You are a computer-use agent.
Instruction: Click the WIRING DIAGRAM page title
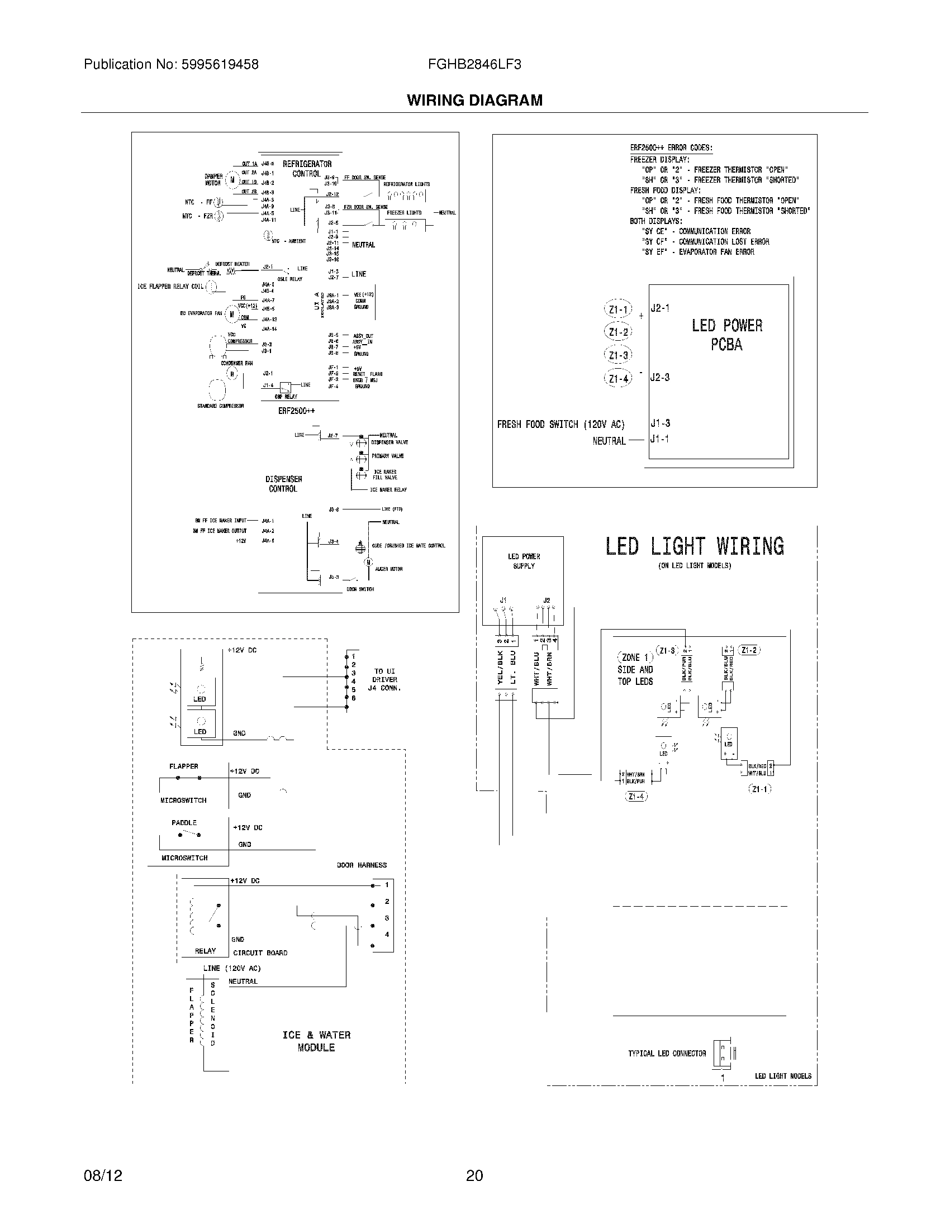tap(474, 100)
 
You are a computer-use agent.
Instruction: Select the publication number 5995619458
tap(220, 65)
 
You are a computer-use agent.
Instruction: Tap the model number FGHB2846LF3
tap(474, 65)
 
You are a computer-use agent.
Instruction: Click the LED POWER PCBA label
tap(726, 335)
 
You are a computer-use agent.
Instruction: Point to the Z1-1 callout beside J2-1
tap(618, 309)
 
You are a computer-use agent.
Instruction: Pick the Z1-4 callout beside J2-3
tap(618, 379)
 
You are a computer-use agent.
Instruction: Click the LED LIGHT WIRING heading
tap(695, 546)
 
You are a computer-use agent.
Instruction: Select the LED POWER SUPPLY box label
tap(524, 561)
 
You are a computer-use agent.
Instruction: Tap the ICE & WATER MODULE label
tap(316, 1041)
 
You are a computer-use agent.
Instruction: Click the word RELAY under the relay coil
tap(205, 951)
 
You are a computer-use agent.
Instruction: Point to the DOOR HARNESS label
tap(362, 865)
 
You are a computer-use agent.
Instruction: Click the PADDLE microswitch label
tap(184, 823)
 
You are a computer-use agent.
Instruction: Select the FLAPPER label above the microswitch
tap(183, 766)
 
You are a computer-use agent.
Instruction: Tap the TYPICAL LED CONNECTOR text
tap(666, 1054)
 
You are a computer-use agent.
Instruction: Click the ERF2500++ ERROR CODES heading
tap(671, 148)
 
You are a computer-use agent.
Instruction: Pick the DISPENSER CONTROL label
tap(284, 484)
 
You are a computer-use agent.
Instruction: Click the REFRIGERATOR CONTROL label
tap(307, 169)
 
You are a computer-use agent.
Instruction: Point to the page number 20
tap(474, 1175)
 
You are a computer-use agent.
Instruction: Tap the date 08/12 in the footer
tap(103, 1175)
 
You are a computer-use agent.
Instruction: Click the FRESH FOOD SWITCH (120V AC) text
tap(560, 425)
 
